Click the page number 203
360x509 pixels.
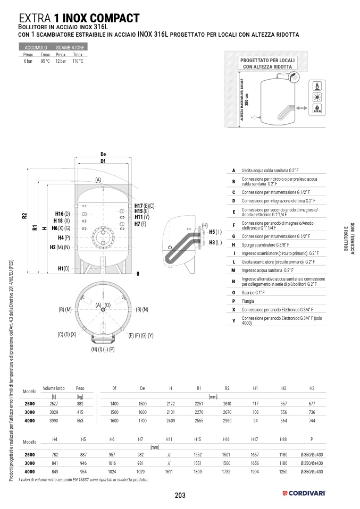click(180, 495)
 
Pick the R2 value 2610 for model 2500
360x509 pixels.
click(227, 404)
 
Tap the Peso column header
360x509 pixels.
click(80, 388)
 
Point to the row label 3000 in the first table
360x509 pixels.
click(30, 412)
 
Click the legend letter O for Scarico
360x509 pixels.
click(233, 293)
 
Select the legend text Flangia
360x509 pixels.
click(248, 301)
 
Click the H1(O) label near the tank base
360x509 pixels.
click(64, 269)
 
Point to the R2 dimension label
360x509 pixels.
click(24, 216)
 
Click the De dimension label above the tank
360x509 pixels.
click(103, 154)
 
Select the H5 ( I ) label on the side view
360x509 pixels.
click(215, 232)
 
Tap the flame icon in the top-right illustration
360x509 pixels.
click(317, 86)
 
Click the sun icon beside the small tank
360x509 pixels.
click(317, 97)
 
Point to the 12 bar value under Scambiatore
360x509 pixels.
click(61, 61)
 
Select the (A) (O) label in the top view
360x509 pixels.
click(103, 305)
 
